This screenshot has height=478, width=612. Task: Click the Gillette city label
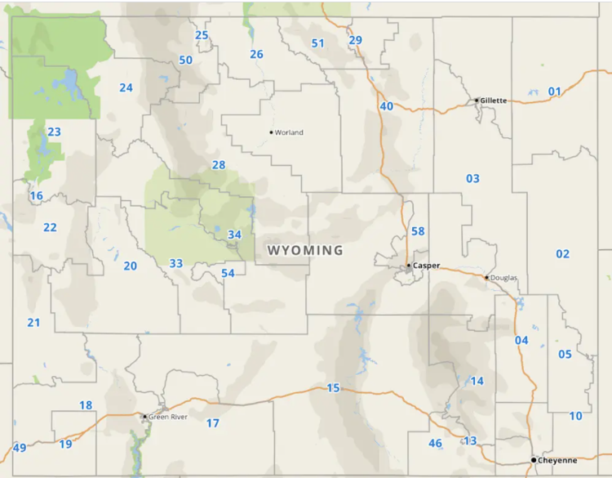494,101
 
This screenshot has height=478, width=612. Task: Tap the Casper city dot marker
409,266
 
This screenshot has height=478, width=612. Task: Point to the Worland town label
290,132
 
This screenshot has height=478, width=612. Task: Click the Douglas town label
503,278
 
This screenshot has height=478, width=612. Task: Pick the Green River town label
168,417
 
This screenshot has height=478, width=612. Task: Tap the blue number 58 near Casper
418,231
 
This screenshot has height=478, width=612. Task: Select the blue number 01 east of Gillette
554,92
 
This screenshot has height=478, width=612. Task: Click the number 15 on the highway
332,387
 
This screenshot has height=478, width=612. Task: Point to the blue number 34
234,235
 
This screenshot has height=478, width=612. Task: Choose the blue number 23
54,132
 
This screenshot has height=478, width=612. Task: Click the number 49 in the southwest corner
20,447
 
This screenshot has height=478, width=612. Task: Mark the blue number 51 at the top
317,42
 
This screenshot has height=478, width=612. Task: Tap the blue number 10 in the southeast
575,416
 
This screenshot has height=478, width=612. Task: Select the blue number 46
435,443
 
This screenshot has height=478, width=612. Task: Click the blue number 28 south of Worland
218,165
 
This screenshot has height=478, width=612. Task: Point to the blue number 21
33,323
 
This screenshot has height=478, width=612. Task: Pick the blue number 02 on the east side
562,254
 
